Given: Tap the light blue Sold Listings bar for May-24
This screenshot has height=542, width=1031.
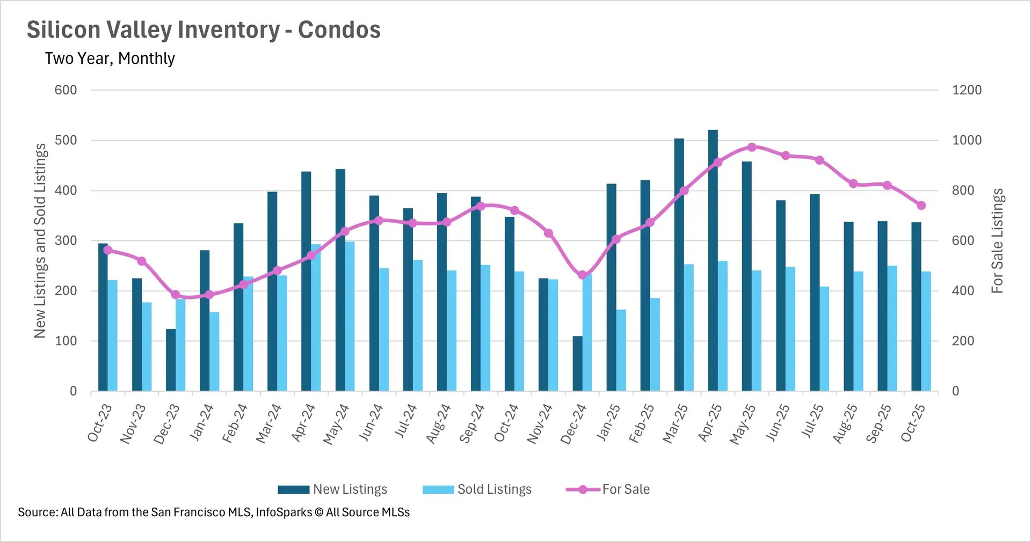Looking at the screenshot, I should (x=350, y=317).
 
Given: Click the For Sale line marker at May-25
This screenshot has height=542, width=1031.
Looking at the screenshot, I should (x=752, y=147).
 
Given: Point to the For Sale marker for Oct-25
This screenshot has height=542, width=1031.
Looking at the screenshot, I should (x=921, y=206).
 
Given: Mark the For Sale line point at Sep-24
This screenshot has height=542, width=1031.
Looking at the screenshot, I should (x=481, y=206).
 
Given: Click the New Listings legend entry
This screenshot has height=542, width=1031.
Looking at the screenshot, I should (x=333, y=489).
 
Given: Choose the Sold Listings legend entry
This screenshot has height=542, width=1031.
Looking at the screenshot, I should (x=477, y=489).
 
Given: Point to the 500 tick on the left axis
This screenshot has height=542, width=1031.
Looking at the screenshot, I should (x=66, y=141).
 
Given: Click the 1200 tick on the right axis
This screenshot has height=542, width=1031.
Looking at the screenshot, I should (x=967, y=90).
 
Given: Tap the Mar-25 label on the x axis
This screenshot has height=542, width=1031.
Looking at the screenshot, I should (x=675, y=424).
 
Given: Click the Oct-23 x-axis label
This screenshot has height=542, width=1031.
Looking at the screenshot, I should (x=100, y=423).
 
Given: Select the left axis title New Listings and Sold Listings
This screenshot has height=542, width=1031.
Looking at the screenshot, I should (x=40, y=241).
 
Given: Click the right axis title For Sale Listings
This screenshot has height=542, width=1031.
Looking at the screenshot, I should (x=997, y=241).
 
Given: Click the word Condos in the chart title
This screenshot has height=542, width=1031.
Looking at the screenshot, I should (x=339, y=30).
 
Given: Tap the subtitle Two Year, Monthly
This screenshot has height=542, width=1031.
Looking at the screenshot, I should (x=110, y=58).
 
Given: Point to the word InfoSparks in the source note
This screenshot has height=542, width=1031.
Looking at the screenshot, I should (x=284, y=512).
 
